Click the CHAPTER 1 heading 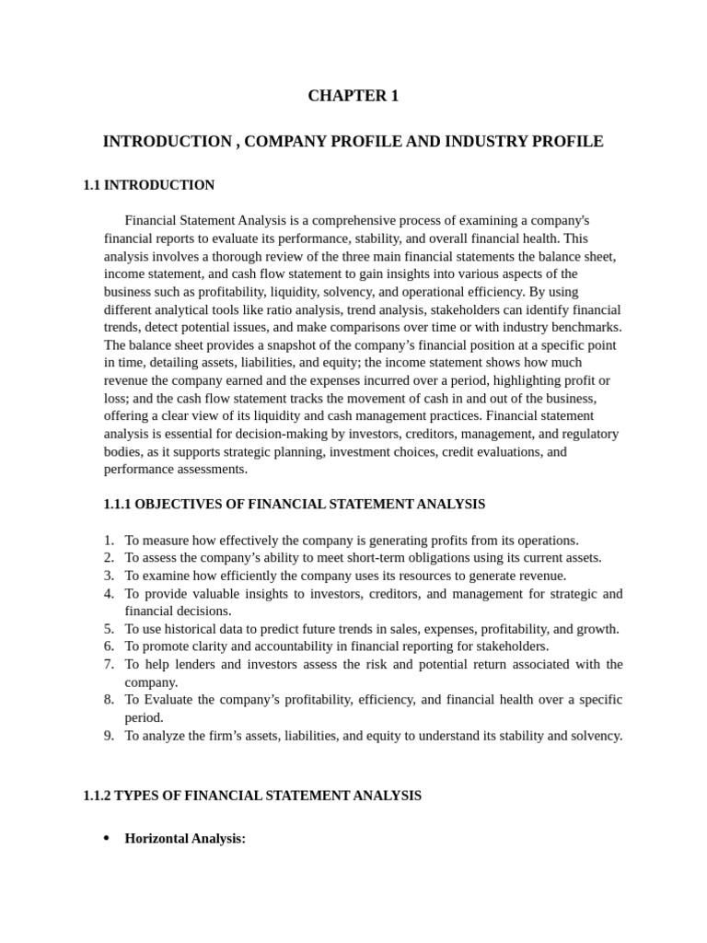353,96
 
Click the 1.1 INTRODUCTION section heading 148,185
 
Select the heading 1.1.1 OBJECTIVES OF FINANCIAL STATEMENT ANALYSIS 295,504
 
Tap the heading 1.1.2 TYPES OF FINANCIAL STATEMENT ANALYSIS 252,795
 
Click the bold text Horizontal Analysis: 185,838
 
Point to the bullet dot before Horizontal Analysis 107,838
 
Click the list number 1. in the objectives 109,540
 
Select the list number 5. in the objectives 109,629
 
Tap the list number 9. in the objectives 109,735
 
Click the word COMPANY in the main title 285,142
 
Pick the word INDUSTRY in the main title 491,142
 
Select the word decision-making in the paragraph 255,434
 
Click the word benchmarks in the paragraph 586,327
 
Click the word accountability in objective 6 264,646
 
